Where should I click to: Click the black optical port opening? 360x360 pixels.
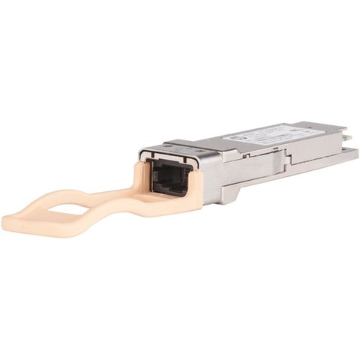tap(168, 178)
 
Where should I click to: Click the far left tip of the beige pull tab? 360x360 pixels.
tap(6, 222)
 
